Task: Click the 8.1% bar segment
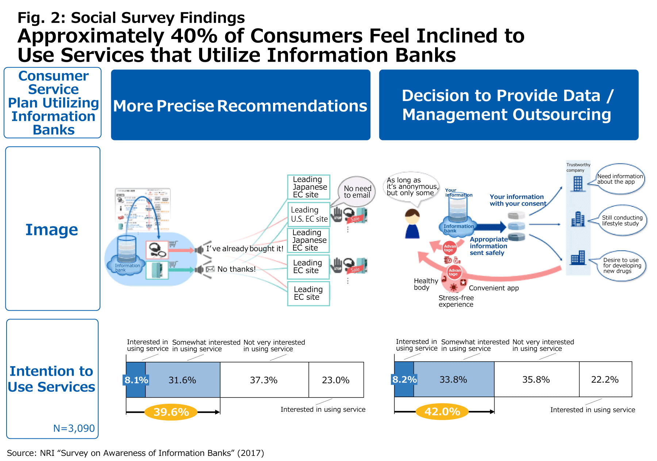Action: pos(135,380)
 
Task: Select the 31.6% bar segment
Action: pos(182,380)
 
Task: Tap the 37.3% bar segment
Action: pos(264,380)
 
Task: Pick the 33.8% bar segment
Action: pos(453,379)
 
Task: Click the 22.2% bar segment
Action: pos(605,379)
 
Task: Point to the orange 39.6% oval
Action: pos(171,412)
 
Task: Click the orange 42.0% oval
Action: pos(442,411)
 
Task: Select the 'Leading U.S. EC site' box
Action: pos(309,214)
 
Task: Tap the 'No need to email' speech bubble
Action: pos(357,191)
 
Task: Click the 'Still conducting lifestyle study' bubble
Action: pos(622,220)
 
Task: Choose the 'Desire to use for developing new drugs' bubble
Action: pos(622,266)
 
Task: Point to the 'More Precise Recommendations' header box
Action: pos(241,105)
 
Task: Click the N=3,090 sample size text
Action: pos(74,428)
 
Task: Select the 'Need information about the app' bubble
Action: pos(619,179)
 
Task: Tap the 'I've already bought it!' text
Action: pos(245,248)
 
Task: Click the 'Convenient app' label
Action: pos(493,288)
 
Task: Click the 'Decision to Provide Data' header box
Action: pos(508,105)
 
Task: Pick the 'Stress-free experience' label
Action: pos(456,301)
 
